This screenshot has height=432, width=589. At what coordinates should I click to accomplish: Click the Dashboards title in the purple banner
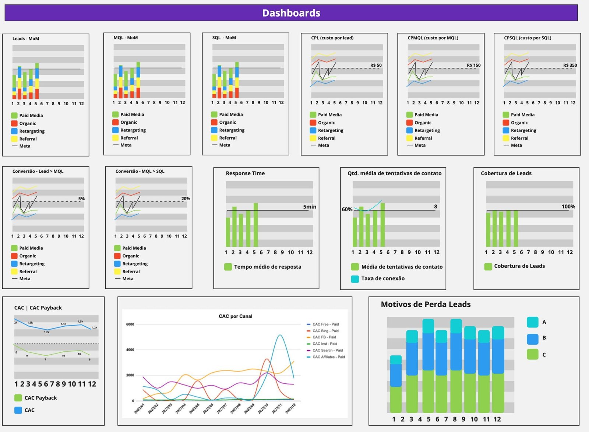[x=291, y=13]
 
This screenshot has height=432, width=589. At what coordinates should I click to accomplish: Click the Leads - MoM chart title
[x=26, y=39]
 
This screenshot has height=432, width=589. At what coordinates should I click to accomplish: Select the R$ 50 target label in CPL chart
[x=376, y=65]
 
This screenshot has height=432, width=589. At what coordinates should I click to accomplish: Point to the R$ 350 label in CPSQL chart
[x=570, y=65]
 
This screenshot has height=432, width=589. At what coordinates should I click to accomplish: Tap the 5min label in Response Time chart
[x=310, y=207]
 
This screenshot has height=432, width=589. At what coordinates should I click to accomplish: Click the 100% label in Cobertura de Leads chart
[x=568, y=207]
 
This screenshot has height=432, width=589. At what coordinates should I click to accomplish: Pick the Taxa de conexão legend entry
[x=382, y=278]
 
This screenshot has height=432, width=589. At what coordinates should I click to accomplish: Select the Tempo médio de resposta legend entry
[x=267, y=267]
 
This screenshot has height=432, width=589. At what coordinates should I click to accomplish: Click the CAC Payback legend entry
[x=40, y=398]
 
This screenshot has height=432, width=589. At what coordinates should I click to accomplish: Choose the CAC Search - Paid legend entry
[x=327, y=350]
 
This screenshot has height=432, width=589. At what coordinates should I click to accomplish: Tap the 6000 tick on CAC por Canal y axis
[x=130, y=324]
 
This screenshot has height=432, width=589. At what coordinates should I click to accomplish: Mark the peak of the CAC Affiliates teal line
[x=280, y=335]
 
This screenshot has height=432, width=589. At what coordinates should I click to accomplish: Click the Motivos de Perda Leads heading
[x=426, y=304]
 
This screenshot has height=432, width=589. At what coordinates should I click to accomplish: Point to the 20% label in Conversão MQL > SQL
[x=186, y=199]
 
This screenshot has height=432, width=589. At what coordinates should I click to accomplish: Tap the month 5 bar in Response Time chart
[x=255, y=225]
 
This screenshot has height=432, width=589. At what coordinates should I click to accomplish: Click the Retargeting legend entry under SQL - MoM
[x=232, y=130]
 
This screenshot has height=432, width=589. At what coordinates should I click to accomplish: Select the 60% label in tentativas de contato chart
[x=347, y=209]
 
